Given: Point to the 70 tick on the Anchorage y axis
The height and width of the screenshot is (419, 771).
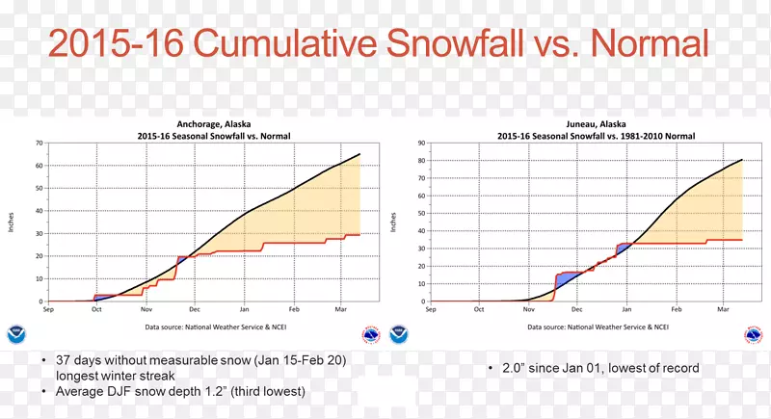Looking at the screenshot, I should click(x=40, y=143).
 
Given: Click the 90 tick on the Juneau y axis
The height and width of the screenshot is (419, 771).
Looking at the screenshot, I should click(x=422, y=143).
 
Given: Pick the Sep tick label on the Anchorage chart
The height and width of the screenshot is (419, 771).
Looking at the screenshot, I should click(x=48, y=310).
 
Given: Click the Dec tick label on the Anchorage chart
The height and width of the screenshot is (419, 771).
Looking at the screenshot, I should click(x=195, y=310).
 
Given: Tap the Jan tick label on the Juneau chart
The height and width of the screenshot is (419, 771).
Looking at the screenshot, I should click(x=626, y=310).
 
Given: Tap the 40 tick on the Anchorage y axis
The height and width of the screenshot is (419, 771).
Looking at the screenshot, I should click(x=40, y=211).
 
